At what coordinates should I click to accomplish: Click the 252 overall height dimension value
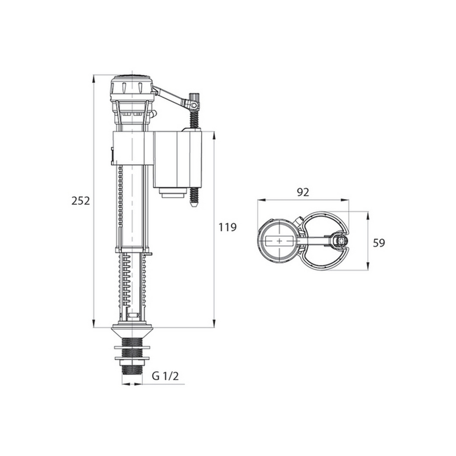[x=81, y=200]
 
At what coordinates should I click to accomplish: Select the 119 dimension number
[x=227, y=227]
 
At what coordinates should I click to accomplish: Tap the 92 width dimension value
[x=303, y=192]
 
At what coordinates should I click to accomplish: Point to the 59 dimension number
[x=379, y=243]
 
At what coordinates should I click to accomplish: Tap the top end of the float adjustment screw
[x=196, y=97]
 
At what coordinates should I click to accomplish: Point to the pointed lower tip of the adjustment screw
[x=193, y=205]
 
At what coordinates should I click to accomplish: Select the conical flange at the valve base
[x=132, y=330]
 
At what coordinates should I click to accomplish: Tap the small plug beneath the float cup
[x=172, y=193]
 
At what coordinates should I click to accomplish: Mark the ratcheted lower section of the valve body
[x=132, y=283]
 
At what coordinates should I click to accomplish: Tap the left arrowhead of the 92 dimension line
[x=259, y=200]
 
